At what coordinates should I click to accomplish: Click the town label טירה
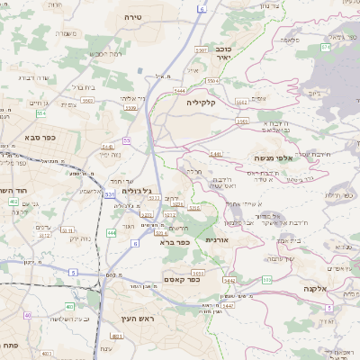click(134, 17)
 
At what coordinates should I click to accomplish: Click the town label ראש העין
click(132, 319)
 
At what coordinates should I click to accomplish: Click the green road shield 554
click(40, 113)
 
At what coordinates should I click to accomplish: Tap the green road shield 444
click(112, 233)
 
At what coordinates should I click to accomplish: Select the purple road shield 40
click(28, 315)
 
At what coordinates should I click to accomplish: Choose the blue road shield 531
click(109, 193)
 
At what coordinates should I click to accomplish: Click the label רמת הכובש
click(104, 54)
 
